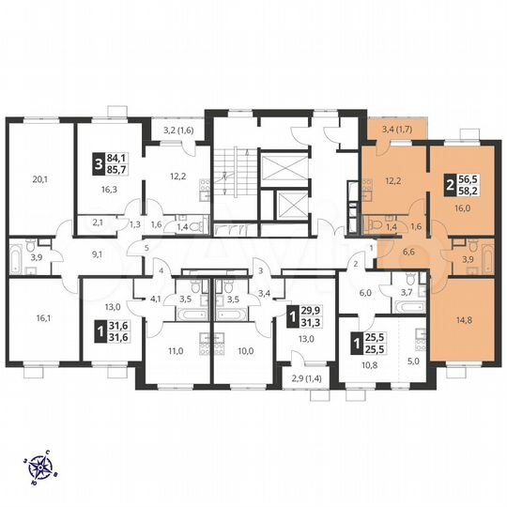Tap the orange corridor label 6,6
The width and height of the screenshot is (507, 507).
point(409,253)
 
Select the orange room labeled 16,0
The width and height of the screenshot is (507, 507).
point(462,209)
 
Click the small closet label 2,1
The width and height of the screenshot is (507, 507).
point(99,223)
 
